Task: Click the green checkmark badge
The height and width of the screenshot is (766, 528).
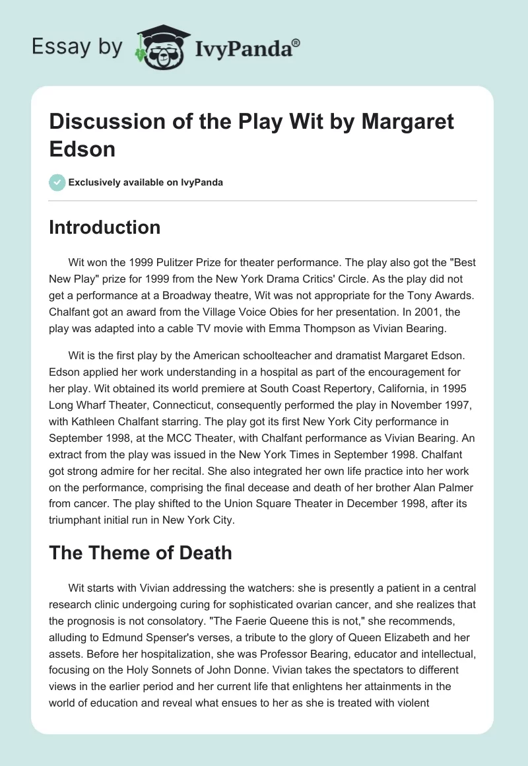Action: coord(57,182)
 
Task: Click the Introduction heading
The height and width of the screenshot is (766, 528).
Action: coord(105,227)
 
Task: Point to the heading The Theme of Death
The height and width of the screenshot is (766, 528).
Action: coord(141,552)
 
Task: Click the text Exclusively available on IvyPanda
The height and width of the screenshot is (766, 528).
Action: coord(146,182)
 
